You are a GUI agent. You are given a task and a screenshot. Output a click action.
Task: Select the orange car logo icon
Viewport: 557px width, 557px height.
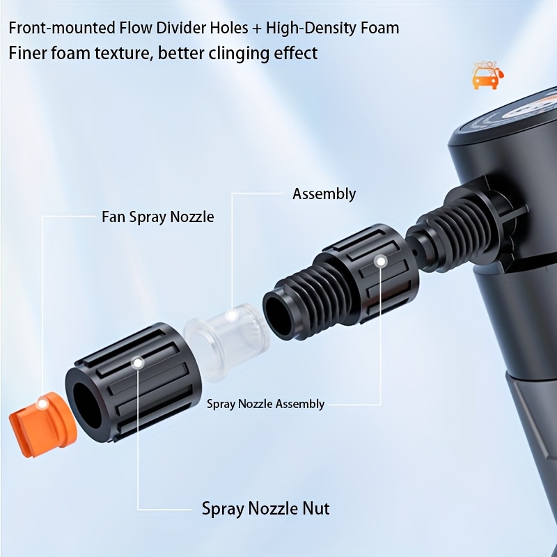pyautogui.click(x=485, y=76)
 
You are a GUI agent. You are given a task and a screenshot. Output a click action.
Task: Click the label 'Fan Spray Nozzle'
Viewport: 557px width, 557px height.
pyautogui.click(x=158, y=217)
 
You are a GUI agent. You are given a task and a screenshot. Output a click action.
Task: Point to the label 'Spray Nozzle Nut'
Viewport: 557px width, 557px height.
pyautogui.click(x=265, y=508)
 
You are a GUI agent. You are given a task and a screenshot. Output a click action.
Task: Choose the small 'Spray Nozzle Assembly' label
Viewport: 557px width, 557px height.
pyautogui.click(x=265, y=404)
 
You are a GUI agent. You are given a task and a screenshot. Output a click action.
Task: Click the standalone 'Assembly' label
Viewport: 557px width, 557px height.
pyautogui.click(x=324, y=194)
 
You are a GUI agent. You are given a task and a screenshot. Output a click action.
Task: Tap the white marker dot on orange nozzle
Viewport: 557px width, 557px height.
pyautogui.click(x=42, y=402)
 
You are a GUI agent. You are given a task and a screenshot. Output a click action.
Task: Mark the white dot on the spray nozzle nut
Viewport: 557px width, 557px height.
pyautogui.click(x=139, y=363)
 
